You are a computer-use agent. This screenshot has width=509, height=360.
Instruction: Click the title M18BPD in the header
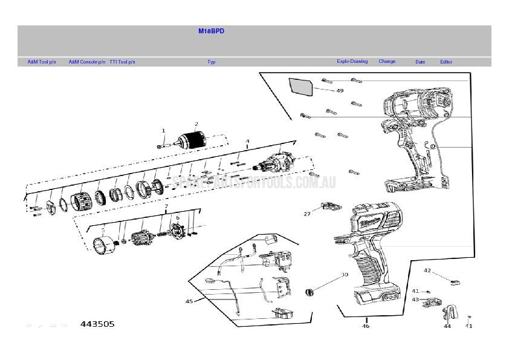(x=211, y=31)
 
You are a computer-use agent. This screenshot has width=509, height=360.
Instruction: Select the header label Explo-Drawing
(x=352, y=61)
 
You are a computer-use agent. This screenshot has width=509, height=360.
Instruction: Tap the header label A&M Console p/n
(x=86, y=62)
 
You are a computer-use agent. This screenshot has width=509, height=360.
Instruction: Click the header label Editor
(x=446, y=62)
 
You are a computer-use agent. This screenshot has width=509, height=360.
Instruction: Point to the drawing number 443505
(x=97, y=324)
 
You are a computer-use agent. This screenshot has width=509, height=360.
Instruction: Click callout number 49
(x=340, y=91)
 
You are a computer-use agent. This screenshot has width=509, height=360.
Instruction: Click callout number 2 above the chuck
(x=196, y=124)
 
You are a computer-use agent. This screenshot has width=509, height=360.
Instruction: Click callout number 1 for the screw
(x=163, y=131)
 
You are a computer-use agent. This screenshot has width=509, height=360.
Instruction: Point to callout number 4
(x=247, y=142)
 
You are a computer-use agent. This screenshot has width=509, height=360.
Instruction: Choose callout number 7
(x=166, y=206)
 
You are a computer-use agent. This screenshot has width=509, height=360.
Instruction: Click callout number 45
(x=189, y=301)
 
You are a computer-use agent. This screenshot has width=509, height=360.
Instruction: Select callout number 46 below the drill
(x=366, y=326)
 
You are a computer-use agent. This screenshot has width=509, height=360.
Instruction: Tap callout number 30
(x=345, y=274)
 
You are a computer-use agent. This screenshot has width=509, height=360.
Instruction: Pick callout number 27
(x=307, y=214)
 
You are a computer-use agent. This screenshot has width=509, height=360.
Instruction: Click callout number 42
(x=427, y=270)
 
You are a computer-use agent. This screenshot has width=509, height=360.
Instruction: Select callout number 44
(x=447, y=326)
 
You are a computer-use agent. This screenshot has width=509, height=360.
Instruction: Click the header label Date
(x=420, y=62)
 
